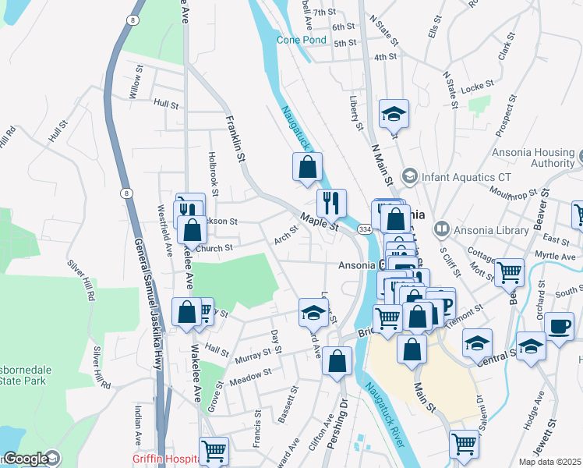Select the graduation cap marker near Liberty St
tap(394, 114)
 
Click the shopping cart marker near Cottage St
tap(509, 272)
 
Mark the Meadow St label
tap(250, 376)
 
